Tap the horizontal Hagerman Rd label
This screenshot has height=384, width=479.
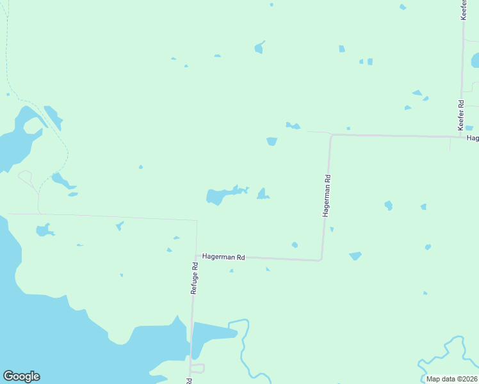(223, 257)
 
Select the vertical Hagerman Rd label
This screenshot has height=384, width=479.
(327, 196)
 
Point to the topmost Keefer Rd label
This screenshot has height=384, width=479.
(463, 10)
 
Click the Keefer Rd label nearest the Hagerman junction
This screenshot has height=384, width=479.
(460, 112)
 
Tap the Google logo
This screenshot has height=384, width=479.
(21, 376)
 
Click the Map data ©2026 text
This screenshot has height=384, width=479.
(451, 379)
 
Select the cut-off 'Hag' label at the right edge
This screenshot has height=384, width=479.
(473, 138)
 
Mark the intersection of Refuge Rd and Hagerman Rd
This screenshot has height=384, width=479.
(195, 256)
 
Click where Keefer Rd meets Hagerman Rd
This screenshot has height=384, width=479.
(461, 136)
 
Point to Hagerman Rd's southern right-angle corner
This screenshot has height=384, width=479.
(321, 260)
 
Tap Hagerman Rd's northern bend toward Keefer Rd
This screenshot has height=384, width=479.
(330, 135)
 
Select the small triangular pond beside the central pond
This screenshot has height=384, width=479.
(263, 194)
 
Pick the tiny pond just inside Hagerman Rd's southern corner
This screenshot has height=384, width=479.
(295, 244)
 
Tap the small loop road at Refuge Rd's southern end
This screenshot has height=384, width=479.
(197, 368)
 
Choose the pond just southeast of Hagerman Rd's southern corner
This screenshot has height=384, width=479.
(355, 256)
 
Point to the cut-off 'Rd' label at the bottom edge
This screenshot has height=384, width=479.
(190, 381)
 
